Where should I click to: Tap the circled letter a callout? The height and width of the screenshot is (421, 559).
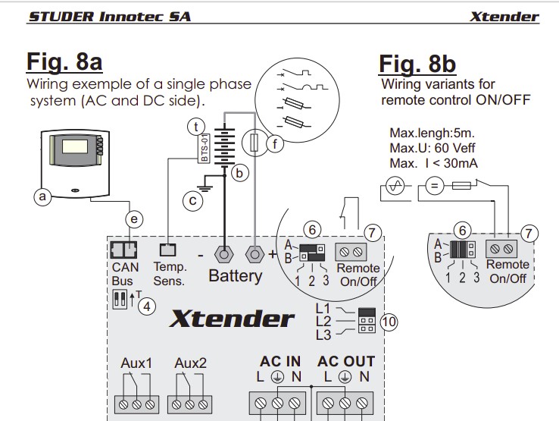click(42, 197)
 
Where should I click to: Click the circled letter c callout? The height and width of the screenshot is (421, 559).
click(192, 201)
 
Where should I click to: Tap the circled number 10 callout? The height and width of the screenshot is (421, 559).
click(389, 322)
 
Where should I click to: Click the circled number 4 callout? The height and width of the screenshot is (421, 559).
click(148, 307)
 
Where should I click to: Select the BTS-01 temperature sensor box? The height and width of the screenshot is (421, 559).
click(202, 149)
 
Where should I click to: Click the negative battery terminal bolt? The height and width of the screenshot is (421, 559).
click(223, 253)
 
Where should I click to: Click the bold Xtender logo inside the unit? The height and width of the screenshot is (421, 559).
click(231, 318)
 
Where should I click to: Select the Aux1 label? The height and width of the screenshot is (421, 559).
click(136, 363)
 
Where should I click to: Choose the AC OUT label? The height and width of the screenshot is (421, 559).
click(346, 361)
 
